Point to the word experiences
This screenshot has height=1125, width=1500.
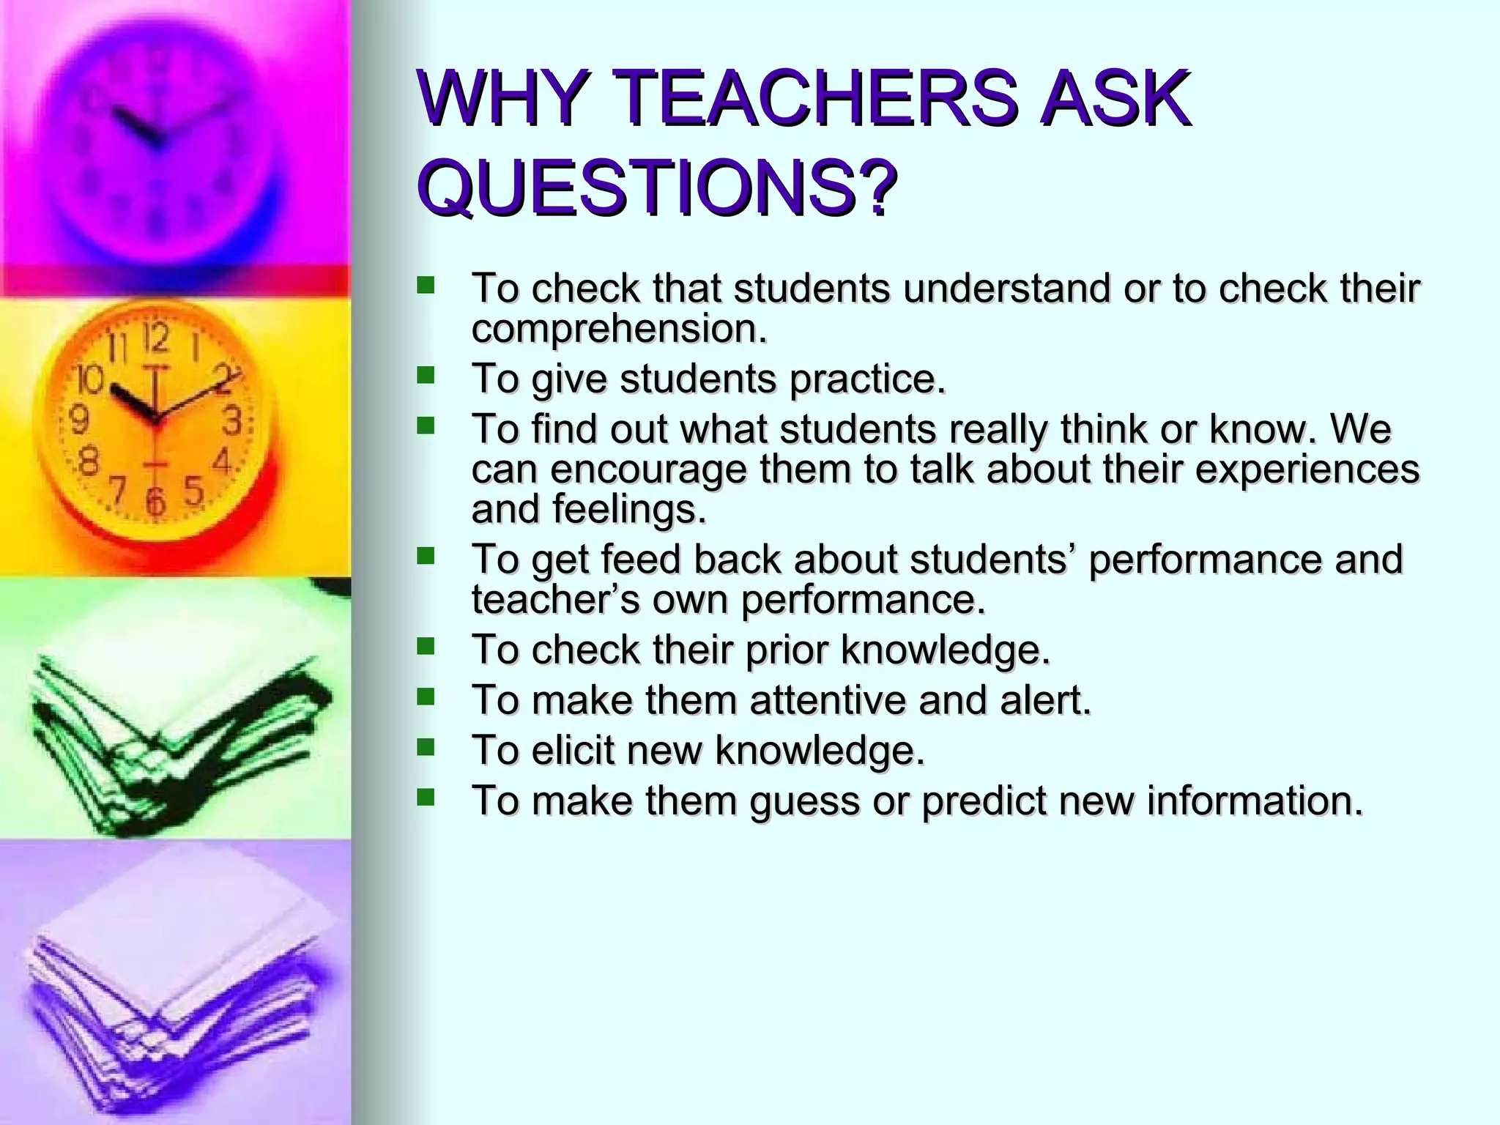[1307, 469]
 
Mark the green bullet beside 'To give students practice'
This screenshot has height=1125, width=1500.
[425, 376]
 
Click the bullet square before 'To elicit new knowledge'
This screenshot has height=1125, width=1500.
[425, 747]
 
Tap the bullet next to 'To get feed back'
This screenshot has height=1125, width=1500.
[425, 557]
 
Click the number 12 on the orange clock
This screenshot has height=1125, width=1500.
[155, 339]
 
